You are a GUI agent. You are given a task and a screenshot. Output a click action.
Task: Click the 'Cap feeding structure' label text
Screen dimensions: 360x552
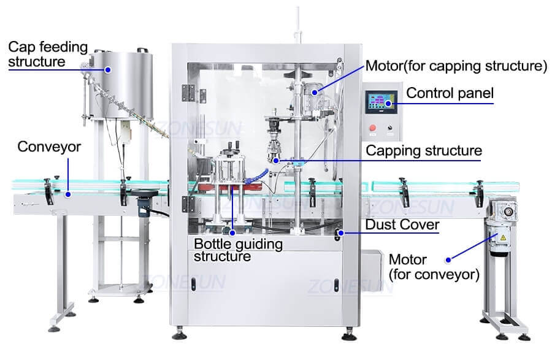(x=48, y=54)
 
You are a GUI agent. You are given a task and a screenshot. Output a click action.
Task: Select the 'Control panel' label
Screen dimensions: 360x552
(x=450, y=93)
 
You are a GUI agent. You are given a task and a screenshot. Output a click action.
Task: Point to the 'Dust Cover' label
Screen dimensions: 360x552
(x=402, y=225)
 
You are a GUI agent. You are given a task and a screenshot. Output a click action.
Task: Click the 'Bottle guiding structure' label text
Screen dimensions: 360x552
(x=238, y=250)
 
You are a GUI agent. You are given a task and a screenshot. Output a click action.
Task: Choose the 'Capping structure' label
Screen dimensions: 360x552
(x=423, y=150)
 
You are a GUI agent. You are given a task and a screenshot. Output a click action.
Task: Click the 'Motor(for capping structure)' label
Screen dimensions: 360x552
(x=456, y=66)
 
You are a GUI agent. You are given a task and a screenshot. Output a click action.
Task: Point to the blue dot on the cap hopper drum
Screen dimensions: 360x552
(x=108, y=70)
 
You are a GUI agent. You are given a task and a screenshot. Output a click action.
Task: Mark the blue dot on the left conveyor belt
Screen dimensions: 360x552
(x=68, y=194)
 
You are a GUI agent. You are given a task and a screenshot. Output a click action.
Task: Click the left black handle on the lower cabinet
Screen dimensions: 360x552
(x=193, y=284)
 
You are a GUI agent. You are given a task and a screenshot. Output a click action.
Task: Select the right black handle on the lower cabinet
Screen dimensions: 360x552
(x=337, y=284)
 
